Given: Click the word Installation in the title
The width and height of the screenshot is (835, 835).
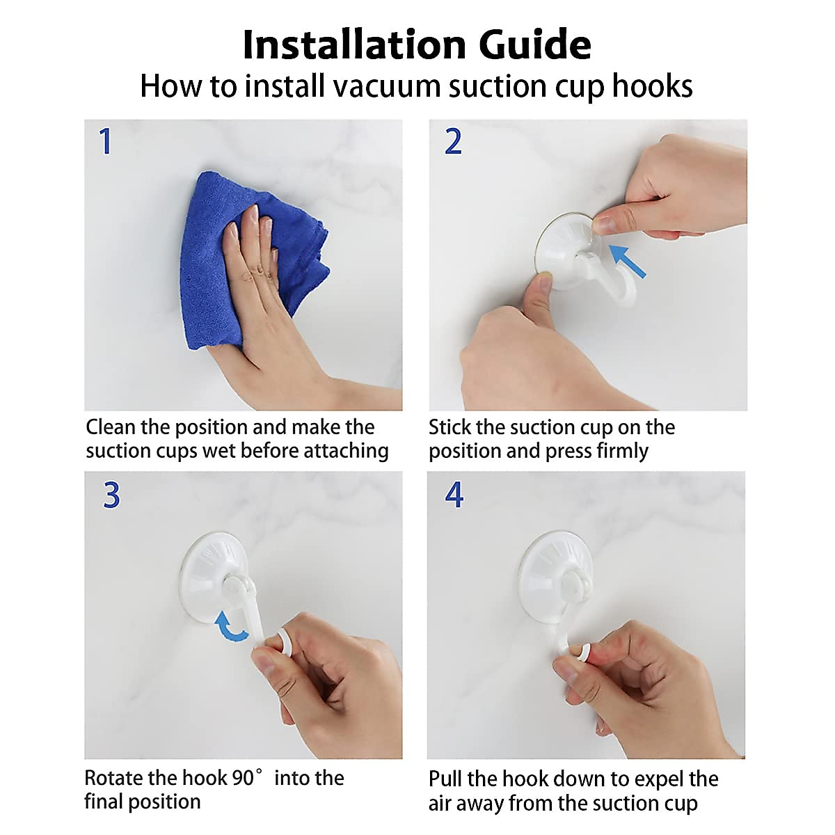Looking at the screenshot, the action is (x=354, y=45).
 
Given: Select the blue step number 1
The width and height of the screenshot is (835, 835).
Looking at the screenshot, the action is (x=106, y=141).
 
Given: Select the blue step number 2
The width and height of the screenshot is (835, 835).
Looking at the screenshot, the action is (x=453, y=141).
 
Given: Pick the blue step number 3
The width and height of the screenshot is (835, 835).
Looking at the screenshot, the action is (x=111, y=495).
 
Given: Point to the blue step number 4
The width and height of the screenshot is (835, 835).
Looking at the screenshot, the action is (x=454, y=495).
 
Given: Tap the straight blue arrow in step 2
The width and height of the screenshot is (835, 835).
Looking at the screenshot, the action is (x=627, y=260).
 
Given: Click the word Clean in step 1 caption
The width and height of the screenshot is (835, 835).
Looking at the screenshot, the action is (x=111, y=427).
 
